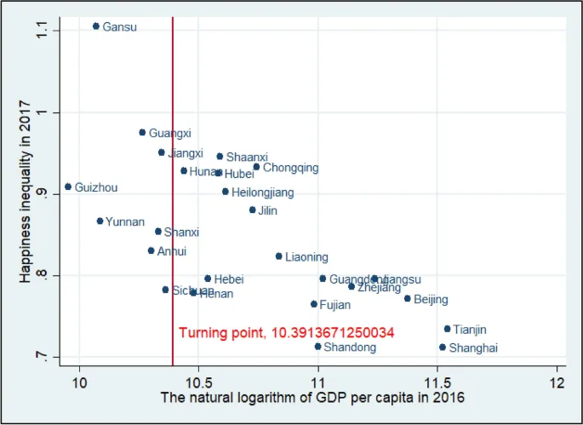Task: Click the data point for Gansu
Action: click(95, 26)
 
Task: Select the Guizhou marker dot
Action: click(68, 187)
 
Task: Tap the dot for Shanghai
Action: click(442, 347)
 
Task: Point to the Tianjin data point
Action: click(447, 329)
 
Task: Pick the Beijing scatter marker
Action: click(407, 298)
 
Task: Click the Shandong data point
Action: click(317, 347)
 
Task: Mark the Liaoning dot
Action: click(278, 256)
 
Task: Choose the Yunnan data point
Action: click(100, 221)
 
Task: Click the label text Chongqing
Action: click(290, 168)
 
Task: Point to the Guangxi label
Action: click(170, 133)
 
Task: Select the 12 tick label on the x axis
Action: click(557, 380)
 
